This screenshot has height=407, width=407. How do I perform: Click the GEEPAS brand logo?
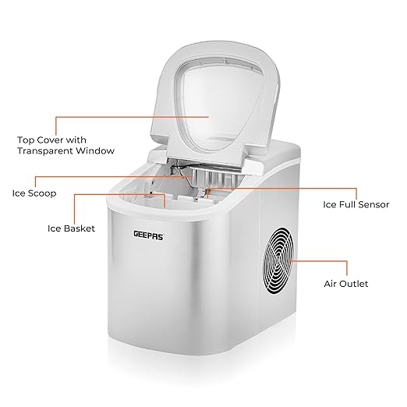point(148,235)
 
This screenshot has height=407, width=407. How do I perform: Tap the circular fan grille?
point(278,260)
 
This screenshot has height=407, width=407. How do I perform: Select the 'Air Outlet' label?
point(346,284)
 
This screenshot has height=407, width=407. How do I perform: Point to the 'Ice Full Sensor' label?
point(356,204)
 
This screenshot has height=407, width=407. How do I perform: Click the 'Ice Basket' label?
point(71,228)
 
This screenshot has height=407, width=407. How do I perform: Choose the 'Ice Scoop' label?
point(34,193)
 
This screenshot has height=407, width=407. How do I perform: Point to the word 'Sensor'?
point(373,204)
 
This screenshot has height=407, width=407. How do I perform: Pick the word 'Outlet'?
point(355,284)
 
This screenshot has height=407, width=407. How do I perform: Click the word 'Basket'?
point(80,228)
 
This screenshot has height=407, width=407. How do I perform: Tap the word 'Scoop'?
point(42,193)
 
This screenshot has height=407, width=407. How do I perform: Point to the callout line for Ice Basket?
point(119,194)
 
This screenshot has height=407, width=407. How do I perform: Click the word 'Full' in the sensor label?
point(347,204)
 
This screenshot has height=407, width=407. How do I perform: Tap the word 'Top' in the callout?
point(26,140)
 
